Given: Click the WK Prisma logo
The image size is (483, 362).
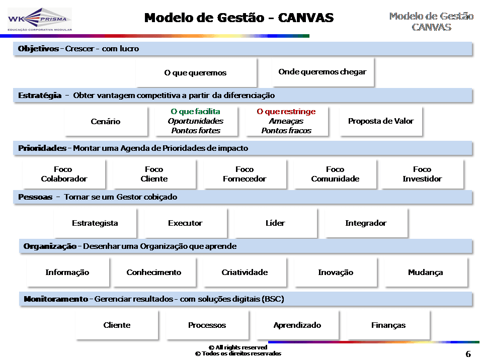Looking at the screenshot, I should (x=39, y=20).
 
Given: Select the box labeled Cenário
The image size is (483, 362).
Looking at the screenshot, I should (x=106, y=122).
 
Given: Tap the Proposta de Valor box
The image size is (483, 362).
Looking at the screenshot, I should (x=381, y=121).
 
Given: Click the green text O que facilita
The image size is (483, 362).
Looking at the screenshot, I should (x=195, y=112).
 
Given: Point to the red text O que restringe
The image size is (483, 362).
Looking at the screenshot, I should (x=286, y=112).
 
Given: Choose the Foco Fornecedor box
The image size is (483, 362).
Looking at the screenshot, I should (x=245, y=174).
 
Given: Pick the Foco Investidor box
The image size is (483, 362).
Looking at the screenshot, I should (x=422, y=174).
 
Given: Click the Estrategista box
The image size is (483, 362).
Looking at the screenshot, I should (x=95, y=223).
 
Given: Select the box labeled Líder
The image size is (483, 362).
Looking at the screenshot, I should (x=275, y=223).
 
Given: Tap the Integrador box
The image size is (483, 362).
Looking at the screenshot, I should (x=366, y=223).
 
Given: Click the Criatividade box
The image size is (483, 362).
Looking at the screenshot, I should (x=245, y=273).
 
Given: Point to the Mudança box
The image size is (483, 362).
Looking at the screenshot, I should (x=426, y=273).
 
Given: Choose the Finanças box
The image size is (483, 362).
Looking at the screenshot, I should (x=388, y=325).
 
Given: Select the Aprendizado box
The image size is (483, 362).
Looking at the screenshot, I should (x=297, y=325).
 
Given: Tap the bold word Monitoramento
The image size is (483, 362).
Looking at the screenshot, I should (x=56, y=299).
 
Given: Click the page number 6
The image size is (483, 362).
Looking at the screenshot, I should (x=468, y=354).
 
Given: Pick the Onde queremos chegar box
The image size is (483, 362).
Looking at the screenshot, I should (x=323, y=72).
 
